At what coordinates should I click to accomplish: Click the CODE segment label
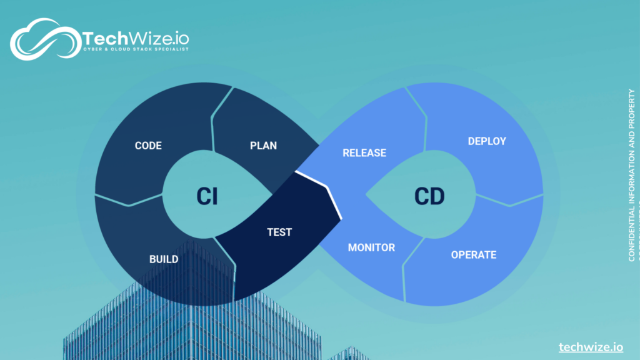(148, 146)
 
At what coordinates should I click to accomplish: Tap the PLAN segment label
(263, 146)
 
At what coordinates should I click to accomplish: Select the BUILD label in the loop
(163, 259)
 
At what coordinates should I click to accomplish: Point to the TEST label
(279, 232)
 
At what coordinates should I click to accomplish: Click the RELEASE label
(364, 152)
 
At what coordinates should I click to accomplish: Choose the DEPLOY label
(487, 141)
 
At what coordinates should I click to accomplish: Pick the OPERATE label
(474, 254)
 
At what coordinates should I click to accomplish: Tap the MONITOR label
(371, 247)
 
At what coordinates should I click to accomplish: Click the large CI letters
(207, 196)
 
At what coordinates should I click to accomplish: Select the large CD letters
(429, 196)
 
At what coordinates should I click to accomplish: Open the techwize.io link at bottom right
(591, 347)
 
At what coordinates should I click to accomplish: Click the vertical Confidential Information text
(631, 175)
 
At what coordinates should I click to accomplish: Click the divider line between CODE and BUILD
(128, 201)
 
